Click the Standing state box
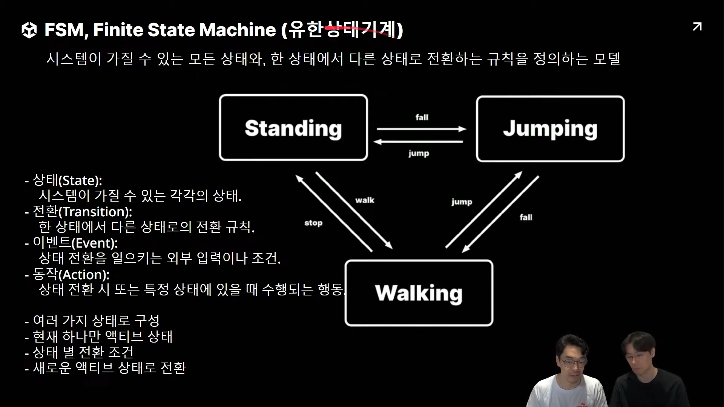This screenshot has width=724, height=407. click(x=293, y=128)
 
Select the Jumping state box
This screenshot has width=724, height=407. click(x=550, y=129)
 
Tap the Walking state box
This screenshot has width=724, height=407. click(x=419, y=293)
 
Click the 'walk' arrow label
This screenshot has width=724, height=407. click(x=365, y=200)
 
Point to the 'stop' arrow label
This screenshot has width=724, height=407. click(x=313, y=223)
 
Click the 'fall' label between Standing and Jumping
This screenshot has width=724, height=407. click(x=422, y=117)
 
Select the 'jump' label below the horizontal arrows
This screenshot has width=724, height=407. click(x=419, y=153)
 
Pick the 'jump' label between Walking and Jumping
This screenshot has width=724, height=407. click(x=462, y=202)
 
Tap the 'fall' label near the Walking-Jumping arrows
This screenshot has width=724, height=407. click(x=526, y=217)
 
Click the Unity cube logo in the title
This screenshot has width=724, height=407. click(x=29, y=30)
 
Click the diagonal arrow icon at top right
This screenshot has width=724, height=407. click(x=697, y=27)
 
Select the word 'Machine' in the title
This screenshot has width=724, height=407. click(x=238, y=30)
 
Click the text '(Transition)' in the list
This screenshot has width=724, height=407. click(x=95, y=212)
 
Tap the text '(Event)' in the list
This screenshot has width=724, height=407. click(x=94, y=243)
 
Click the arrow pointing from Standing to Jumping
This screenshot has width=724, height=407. click(x=421, y=129)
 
